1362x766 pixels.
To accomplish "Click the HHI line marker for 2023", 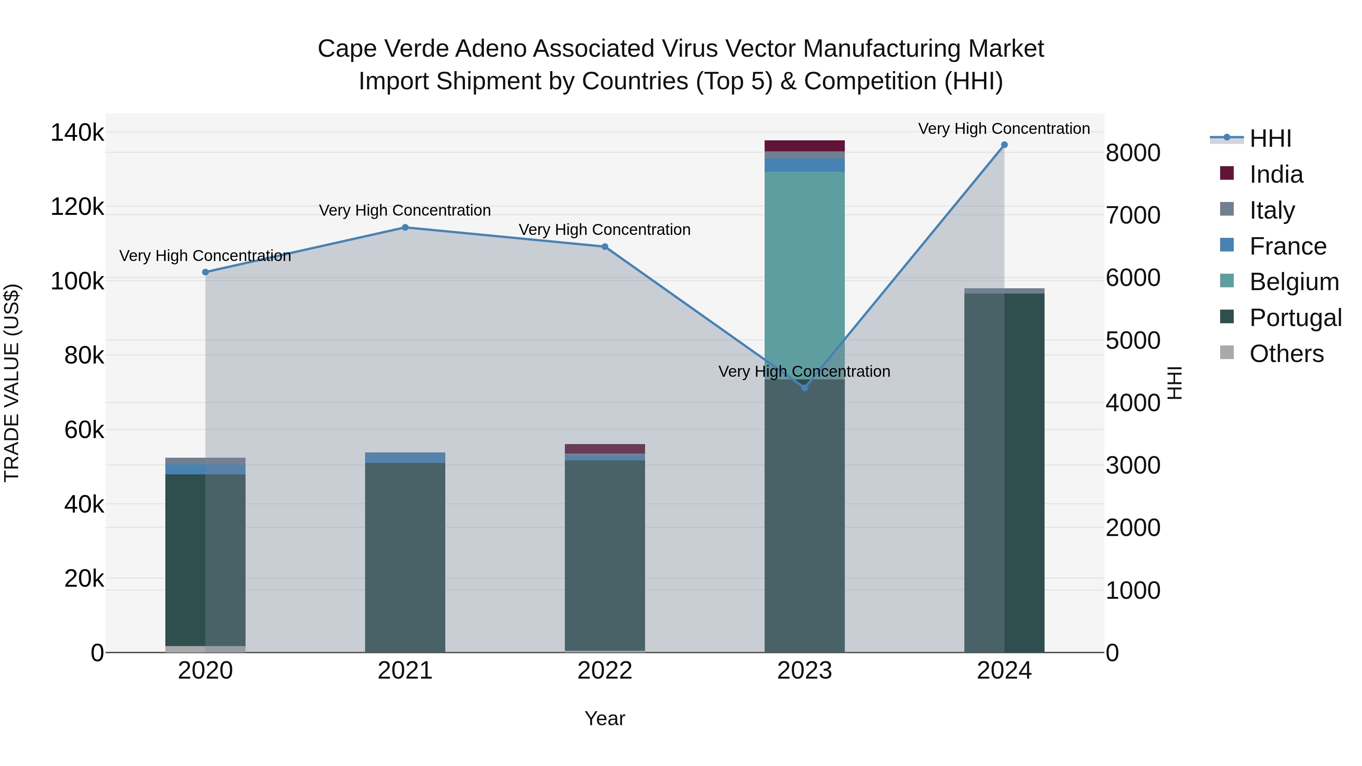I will pyautogui.click(x=804, y=387).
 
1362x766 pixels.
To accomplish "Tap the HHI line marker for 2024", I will pyautogui.click(x=1004, y=145).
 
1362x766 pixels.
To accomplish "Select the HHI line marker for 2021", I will pyautogui.click(x=405, y=227).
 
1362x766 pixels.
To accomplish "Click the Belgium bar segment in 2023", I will pyautogui.click(x=804, y=275).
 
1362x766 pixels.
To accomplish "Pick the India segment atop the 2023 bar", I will pyautogui.click(x=804, y=146).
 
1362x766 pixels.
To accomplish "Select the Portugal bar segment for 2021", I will pyautogui.click(x=405, y=557).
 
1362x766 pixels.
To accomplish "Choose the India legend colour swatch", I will pyautogui.click(x=1227, y=173).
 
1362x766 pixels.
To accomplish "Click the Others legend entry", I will pyautogui.click(x=1286, y=354).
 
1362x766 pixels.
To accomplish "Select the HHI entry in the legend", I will pyautogui.click(x=1270, y=138).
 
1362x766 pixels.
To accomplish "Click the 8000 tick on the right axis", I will pyautogui.click(x=1132, y=153).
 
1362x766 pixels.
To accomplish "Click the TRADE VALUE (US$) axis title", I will pyautogui.click(x=12, y=383).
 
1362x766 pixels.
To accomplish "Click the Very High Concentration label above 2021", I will pyautogui.click(x=405, y=210).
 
